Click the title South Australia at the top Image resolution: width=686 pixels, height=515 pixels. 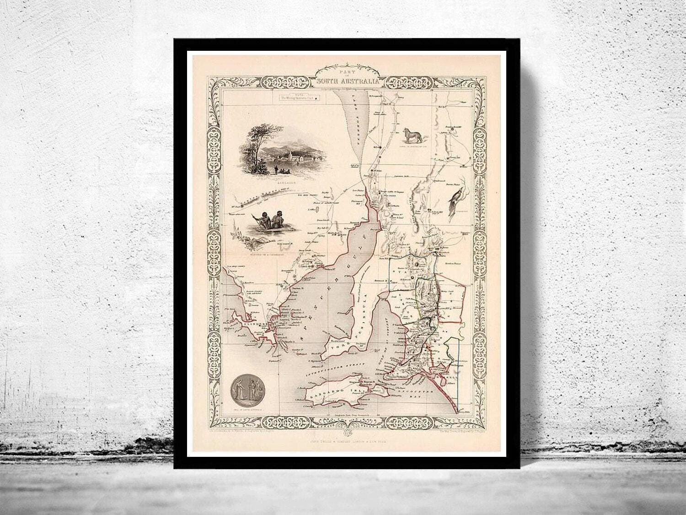tap(347, 81)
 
